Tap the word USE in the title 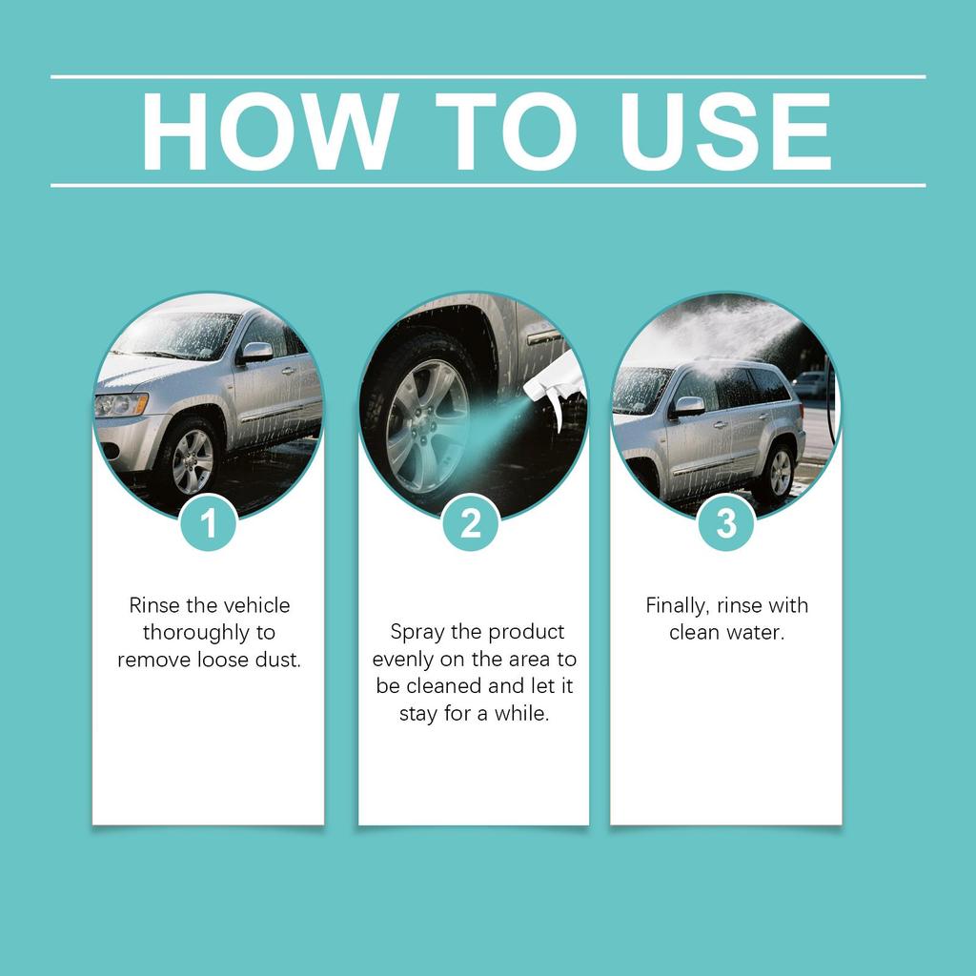[725, 132]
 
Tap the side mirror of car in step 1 [255, 352]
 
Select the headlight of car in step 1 [120, 404]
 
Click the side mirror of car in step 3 [688, 406]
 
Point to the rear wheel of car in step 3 [779, 472]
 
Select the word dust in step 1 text [279, 659]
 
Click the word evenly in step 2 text [400, 660]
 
